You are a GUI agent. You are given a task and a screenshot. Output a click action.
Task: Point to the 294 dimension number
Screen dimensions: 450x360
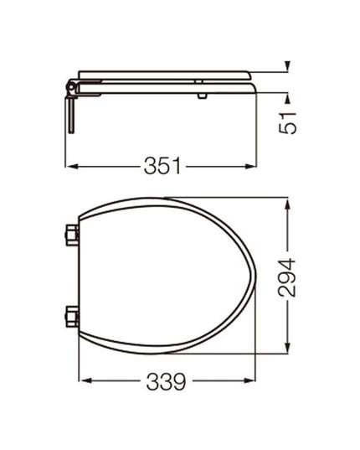click(x=287, y=276)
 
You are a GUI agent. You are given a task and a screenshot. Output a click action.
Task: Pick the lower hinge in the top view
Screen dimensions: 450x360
click(x=72, y=317)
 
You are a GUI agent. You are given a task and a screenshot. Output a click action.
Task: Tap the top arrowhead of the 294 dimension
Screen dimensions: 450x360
click(x=287, y=202)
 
